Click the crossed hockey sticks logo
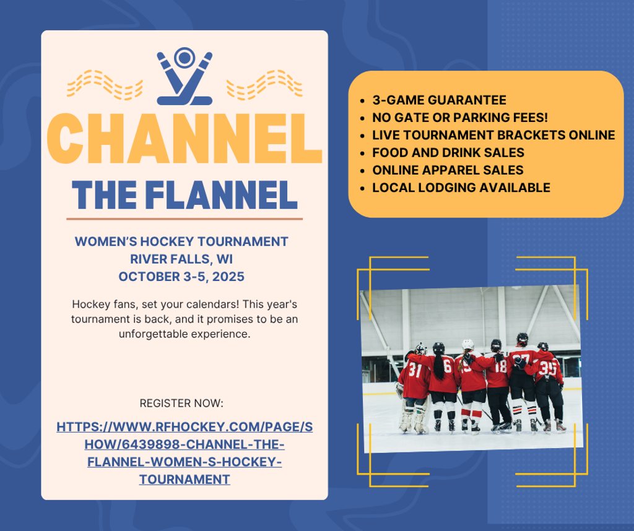(x=184, y=77)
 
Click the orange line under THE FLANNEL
(x=184, y=218)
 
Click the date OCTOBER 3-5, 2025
(x=181, y=275)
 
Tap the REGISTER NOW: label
(x=181, y=404)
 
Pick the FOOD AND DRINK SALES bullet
(x=448, y=152)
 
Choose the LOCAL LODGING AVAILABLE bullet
(x=461, y=187)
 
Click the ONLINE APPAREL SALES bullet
(x=448, y=170)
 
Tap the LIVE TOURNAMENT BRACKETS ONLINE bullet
(x=493, y=135)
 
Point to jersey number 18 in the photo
(x=500, y=366)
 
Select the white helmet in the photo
(x=467, y=344)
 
